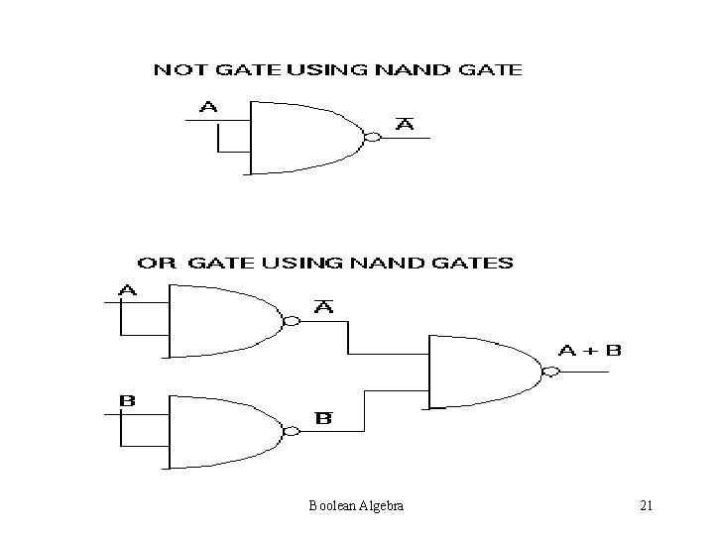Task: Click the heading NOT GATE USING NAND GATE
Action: tap(337, 70)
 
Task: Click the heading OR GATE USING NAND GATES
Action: tap(325, 264)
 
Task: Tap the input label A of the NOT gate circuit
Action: tap(210, 107)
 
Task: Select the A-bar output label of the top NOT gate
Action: tap(405, 124)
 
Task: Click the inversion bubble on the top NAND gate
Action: tap(372, 137)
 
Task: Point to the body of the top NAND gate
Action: tap(302, 137)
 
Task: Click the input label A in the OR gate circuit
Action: tap(129, 290)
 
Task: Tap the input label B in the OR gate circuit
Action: tap(127, 400)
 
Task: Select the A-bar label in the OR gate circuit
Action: tap(323, 308)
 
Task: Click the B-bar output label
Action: tap(323, 418)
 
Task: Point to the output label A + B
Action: tap(591, 351)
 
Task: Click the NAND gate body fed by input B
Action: tap(223, 431)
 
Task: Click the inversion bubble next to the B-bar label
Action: tap(291, 431)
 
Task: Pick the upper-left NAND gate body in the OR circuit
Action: tap(223, 321)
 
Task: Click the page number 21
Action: tap(646, 506)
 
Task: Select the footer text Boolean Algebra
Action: tap(355, 506)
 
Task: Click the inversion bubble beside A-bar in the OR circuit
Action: tap(291, 321)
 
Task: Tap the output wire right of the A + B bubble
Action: tap(585, 374)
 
